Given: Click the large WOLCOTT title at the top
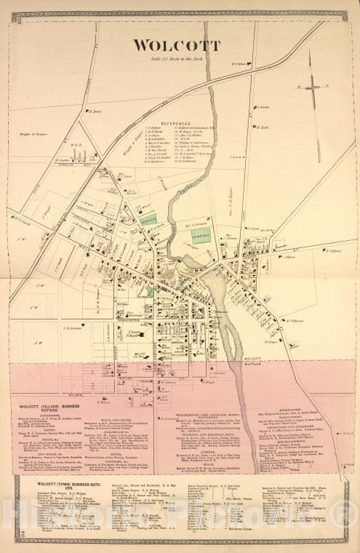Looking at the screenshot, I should [x=176, y=45].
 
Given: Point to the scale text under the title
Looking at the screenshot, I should [x=176, y=58].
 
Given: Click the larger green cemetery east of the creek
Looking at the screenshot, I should [x=201, y=235].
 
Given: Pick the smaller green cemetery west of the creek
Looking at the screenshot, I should [x=148, y=219].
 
